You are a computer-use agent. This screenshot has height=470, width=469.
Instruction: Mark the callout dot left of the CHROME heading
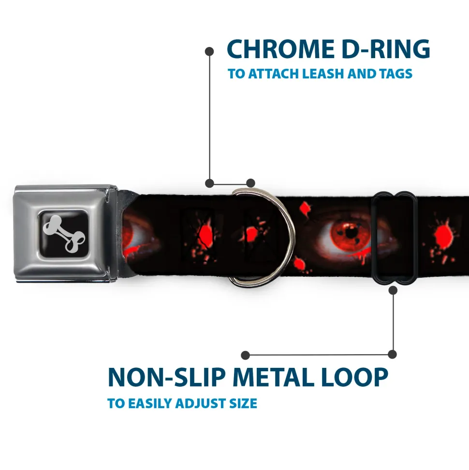[209, 50]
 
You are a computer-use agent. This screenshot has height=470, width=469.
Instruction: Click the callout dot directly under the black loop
[393, 290]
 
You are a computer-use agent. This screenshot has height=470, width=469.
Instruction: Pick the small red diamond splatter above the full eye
[305, 209]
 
